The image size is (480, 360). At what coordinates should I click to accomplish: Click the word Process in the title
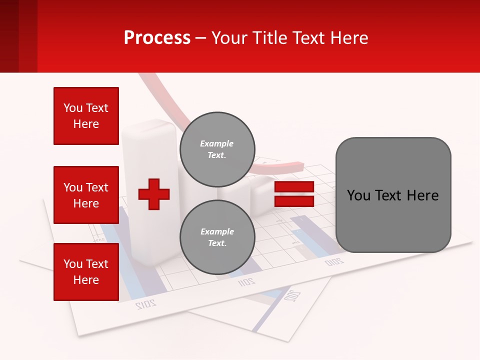157,38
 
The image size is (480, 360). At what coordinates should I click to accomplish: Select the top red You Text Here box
86,116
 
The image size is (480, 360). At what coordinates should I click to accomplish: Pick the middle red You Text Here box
86,195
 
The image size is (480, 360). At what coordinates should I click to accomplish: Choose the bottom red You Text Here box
86,272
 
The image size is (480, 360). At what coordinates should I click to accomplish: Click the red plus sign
154,194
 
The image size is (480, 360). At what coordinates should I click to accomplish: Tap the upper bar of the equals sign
294,187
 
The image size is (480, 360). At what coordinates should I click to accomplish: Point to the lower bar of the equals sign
294,201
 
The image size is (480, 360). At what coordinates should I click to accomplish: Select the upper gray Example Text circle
217,149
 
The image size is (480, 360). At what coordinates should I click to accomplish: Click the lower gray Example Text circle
217,237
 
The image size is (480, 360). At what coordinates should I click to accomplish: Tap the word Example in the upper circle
216,143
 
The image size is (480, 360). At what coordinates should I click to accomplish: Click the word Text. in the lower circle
217,243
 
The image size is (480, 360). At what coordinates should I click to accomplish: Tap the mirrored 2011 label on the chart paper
246,282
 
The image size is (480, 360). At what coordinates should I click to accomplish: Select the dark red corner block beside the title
18,36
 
